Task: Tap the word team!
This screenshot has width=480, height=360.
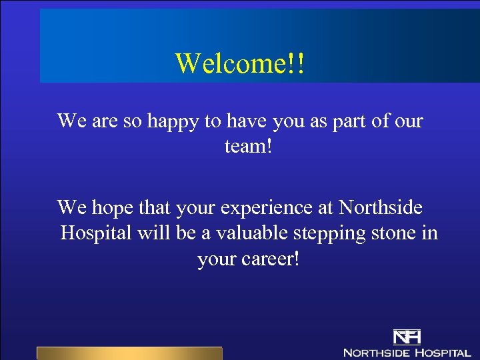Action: click(249, 145)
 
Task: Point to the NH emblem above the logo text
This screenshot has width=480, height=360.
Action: click(407, 337)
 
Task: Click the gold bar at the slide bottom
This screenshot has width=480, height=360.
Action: click(129, 353)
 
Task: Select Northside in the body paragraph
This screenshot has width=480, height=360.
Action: click(380, 208)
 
